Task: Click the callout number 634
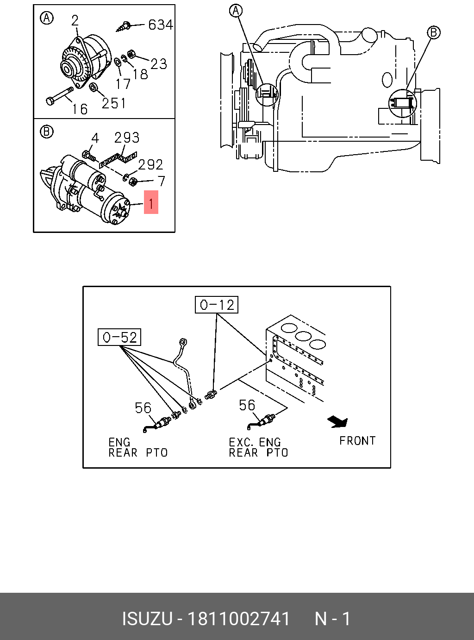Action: coord(160,25)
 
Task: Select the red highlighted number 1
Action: coord(151,203)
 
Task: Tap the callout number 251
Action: coord(114,103)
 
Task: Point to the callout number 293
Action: coord(126,138)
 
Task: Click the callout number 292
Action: coord(150,164)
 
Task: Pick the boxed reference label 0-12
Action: coord(217,305)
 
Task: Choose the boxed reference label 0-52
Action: coord(119,337)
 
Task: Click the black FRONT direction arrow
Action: coord(338,421)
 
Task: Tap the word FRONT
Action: coord(357,440)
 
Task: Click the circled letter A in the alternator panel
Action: coord(47,18)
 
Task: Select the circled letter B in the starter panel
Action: coord(47,132)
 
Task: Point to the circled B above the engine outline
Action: coord(434,32)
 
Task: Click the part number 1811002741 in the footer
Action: coord(238,619)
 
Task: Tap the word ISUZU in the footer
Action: coord(147,619)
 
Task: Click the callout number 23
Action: coord(158,63)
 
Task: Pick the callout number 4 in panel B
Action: coord(95,138)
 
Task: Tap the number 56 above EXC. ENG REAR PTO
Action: coord(247,405)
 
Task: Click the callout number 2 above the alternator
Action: coord(75,20)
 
